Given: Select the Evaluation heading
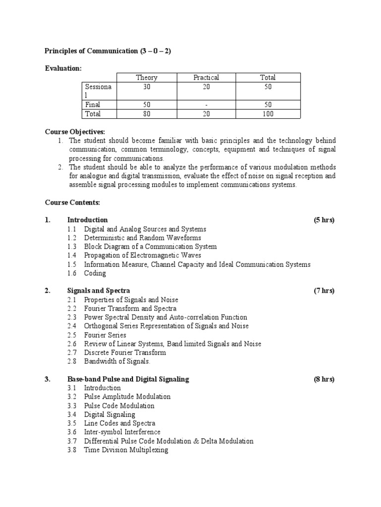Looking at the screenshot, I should [x=63, y=68].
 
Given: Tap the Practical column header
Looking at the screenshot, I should [x=206, y=77].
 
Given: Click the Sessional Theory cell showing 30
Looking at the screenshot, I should [x=146, y=87].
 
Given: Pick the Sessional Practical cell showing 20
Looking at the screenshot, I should [x=206, y=87].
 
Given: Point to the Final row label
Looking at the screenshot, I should [x=93, y=104].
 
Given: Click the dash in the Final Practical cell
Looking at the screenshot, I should [x=206, y=104].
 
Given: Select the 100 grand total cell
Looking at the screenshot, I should [x=267, y=114].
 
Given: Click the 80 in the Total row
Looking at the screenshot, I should [x=146, y=114].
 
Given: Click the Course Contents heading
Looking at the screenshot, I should [x=72, y=202].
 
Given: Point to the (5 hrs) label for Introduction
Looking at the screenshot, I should [x=324, y=220].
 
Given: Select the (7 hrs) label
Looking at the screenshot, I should [x=324, y=291].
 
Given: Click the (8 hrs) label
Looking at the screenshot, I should [x=324, y=379].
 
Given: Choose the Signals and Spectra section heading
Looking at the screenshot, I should [x=98, y=291].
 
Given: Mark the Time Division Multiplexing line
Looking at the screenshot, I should [x=126, y=450].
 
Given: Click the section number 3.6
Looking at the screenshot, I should [x=72, y=432].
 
